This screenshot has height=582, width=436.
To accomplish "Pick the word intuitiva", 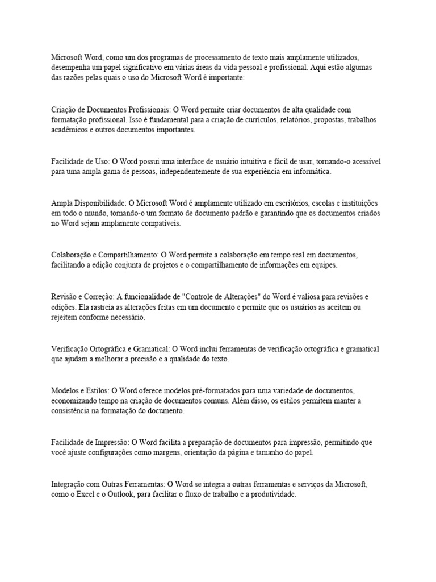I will [x=241, y=161].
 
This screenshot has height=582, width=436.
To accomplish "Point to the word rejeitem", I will [x=64, y=317].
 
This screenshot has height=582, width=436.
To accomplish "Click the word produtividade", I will [x=269, y=495].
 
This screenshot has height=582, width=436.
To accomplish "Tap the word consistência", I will [x=73, y=411].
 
